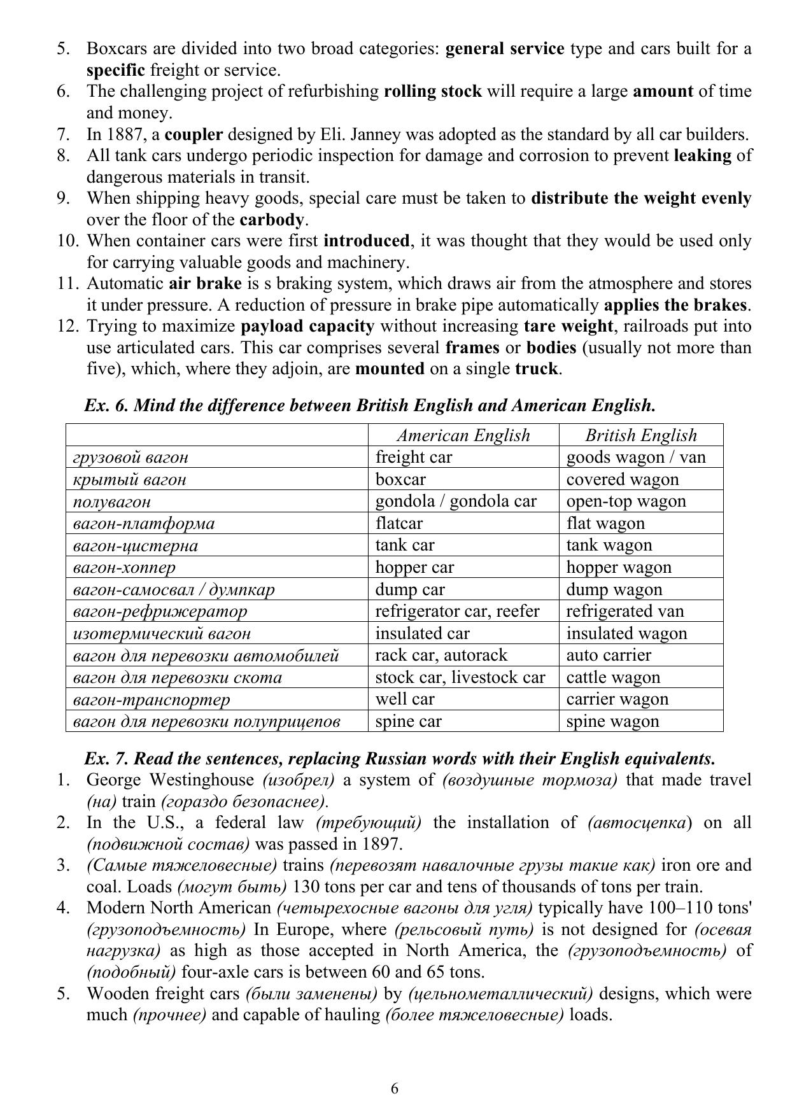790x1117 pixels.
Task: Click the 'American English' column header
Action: coord(463,435)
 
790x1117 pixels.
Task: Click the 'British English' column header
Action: coord(640,435)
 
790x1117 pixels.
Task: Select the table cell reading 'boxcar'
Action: coord(400,479)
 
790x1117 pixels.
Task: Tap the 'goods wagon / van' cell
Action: coord(635,457)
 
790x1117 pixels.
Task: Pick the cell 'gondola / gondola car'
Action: coord(456,501)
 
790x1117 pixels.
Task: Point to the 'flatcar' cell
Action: coord(399,523)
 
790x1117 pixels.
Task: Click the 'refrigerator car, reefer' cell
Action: coord(457,611)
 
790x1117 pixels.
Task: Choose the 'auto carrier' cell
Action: coord(609,655)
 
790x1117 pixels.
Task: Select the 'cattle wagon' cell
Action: coord(613,677)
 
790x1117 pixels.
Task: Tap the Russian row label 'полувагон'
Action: coord(112,502)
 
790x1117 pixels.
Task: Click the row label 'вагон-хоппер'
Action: coord(124,567)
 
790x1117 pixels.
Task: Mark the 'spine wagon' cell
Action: coord(612,721)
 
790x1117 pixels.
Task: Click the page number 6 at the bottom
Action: coord(395,1089)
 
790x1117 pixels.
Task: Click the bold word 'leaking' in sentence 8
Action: coord(702,156)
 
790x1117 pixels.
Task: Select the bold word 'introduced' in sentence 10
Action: coord(366,241)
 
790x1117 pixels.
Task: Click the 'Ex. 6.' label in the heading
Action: coord(106,405)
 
